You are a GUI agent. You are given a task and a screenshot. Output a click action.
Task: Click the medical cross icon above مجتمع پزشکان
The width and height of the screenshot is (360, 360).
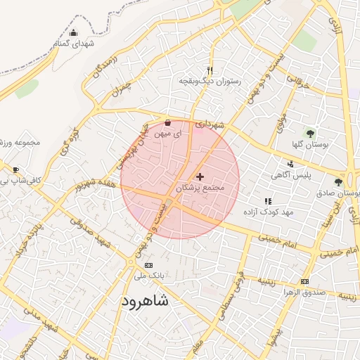[x=200, y=176]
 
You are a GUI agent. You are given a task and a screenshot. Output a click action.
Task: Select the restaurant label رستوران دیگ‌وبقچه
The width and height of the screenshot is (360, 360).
[x=210, y=82]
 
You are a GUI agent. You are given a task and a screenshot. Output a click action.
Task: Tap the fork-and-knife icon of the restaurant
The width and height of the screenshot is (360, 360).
[x=210, y=70]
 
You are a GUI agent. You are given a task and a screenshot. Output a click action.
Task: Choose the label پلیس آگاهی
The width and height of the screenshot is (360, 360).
[x=291, y=175]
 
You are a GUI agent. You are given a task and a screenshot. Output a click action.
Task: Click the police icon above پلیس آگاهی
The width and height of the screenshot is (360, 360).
[x=291, y=164]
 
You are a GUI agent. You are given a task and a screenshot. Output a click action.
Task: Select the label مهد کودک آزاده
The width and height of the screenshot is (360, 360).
[x=268, y=212]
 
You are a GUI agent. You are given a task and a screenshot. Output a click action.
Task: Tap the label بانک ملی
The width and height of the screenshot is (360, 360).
[x=148, y=276]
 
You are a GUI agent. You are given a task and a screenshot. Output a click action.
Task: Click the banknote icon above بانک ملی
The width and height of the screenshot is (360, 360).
[x=148, y=265]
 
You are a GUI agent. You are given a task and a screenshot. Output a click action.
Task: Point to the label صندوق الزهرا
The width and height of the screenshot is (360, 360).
[x=304, y=292]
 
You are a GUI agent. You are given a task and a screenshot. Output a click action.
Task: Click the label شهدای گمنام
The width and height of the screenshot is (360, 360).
[x=74, y=44]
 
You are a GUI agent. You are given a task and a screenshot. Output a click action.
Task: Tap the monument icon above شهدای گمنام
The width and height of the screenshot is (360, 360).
[x=74, y=32]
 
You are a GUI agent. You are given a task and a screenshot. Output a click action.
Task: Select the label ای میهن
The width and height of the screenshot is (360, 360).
[x=167, y=132]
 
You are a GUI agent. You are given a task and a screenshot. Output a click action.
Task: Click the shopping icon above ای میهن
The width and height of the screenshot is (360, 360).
[x=167, y=122]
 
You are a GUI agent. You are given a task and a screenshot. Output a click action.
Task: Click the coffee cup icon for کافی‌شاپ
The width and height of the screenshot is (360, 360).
[x=16, y=169]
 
